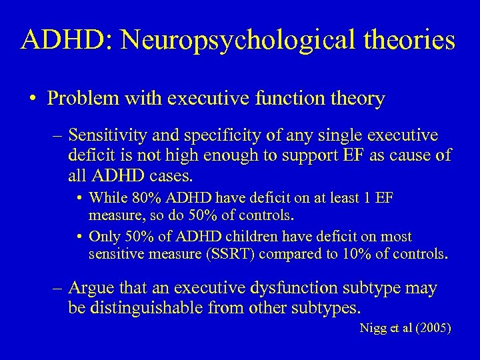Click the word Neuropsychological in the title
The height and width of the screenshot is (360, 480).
[x=225, y=41]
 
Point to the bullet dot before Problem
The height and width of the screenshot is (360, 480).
[x=33, y=100]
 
